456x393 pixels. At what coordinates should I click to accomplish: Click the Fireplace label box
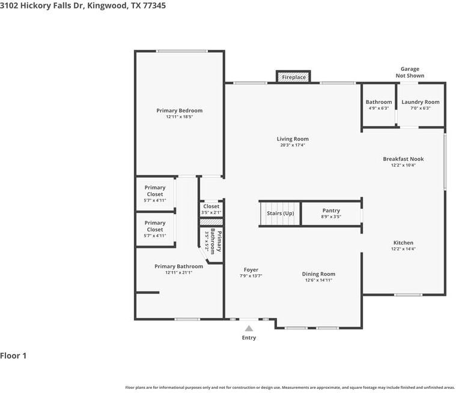[293, 77]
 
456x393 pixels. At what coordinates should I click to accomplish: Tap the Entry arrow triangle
[249, 329]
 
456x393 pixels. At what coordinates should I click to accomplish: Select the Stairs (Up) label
[281, 213]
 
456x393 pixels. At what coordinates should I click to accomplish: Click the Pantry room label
[331, 210]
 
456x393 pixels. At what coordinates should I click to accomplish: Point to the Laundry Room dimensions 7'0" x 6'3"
[420, 108]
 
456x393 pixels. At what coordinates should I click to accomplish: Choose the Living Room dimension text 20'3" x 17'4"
[293, 145]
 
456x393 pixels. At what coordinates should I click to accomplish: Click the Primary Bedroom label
[180, 110]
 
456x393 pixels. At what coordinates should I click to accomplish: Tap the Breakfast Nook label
[403, 159]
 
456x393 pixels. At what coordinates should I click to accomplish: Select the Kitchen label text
[403, 242]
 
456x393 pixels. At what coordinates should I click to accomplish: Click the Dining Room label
[318, 274]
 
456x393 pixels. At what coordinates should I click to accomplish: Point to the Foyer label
[251, 270]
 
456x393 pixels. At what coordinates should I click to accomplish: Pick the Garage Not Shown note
[410, 72]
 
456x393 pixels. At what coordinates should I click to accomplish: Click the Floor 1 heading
[13, 356]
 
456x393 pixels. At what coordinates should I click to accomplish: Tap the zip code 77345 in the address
[154, 5]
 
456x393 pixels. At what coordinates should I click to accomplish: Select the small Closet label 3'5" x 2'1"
[211, 209]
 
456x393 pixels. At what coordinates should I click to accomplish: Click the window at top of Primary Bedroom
[182, 52]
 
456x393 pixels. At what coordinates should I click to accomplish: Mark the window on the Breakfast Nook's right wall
[445, 161]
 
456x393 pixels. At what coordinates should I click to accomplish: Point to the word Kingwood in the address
[108, 5]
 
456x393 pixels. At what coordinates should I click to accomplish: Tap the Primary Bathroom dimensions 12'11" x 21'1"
[178, 272]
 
